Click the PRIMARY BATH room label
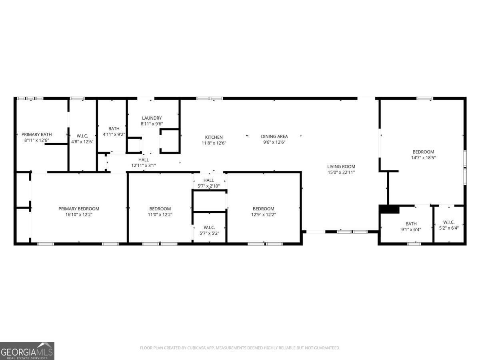point(36,134)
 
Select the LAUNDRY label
point(152,118)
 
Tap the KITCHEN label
point(214,137)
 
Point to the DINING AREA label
point(274,136)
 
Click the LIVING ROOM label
point(341,166)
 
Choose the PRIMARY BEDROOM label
point(79,209)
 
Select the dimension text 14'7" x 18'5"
point(423,158)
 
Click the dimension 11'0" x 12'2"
point(160,214)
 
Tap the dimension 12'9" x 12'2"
point(263,214)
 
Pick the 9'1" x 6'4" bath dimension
point(411,230)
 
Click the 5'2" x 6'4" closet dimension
point(448,228)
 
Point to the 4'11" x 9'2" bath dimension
point(114,134)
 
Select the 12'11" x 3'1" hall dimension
point(143,165)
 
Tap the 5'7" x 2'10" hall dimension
point(208,186)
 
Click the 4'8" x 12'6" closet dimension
point(82,142)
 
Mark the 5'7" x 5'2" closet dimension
point(209,233)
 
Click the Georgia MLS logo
point(27,351)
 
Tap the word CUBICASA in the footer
point(196,348)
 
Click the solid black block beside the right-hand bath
point(389,209)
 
